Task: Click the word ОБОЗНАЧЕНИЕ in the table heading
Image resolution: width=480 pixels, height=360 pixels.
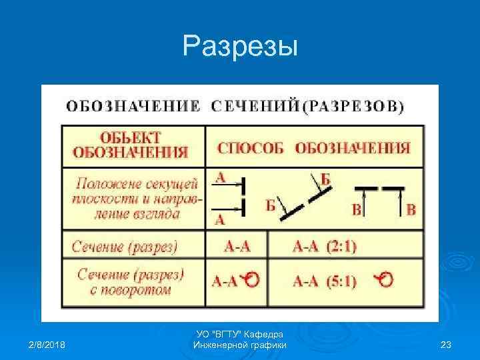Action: [132, 106]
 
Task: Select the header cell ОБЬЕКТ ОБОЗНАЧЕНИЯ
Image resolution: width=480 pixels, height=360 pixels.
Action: [126, 145]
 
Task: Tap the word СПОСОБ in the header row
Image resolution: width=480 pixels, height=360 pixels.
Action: [252, 148]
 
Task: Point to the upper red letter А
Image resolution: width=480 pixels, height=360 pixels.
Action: [221, 177]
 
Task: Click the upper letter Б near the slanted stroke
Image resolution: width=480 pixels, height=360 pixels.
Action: [325, 179]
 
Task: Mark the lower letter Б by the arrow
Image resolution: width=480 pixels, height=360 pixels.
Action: [271, 205]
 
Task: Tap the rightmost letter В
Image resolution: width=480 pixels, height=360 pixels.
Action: [411, 210]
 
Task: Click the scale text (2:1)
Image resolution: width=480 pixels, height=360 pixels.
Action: [341, 247]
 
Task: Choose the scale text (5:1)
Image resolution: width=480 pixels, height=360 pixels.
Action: [341, 281]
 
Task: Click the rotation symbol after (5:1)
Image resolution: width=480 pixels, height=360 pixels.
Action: [383, 280]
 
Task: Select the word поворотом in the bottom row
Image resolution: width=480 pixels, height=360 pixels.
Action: [143, 290]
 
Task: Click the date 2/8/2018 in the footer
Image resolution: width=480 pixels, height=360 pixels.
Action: [51, 345]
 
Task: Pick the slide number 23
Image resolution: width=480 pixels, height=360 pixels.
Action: [446, 345]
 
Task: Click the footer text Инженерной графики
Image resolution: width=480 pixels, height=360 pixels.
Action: [239, 345]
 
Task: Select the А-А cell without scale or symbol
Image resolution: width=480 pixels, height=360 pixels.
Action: [237, 247]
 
